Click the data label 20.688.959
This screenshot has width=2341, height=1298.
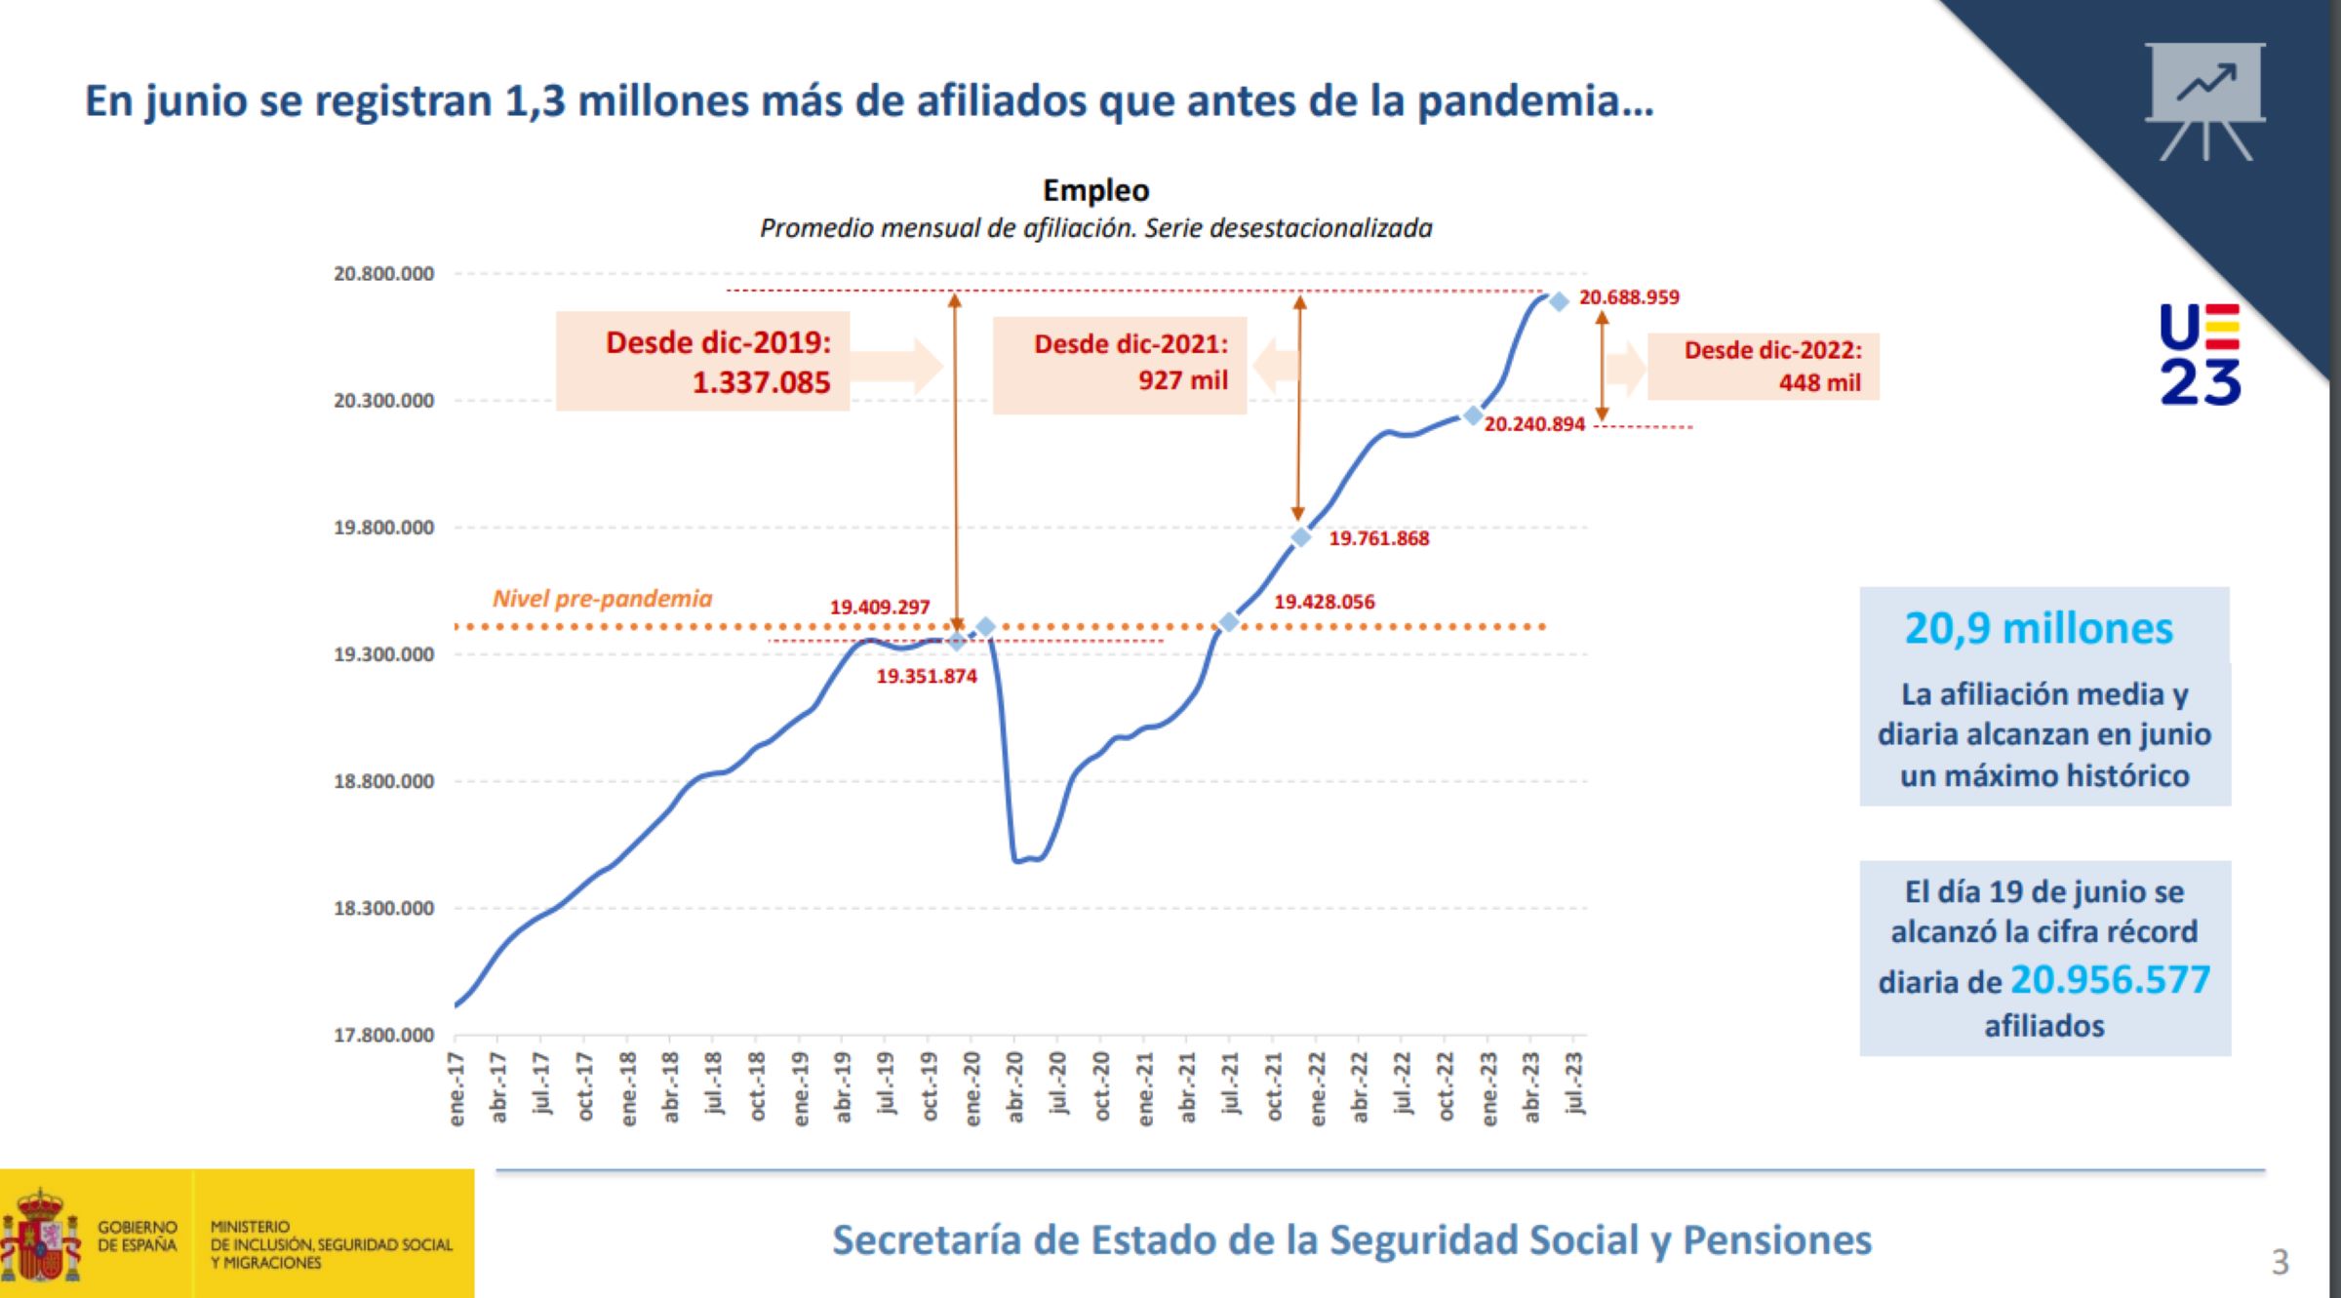click(1629, 297)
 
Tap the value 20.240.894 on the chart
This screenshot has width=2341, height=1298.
click(1534, 424)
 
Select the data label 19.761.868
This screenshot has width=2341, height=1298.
click(1378, 538)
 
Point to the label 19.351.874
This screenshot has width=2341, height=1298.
click(926, 676)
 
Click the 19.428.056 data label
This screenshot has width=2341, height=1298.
click(1324, 602)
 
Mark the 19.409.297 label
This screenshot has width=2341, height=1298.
click(879, 607)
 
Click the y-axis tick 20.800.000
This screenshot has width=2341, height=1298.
click(383, 274)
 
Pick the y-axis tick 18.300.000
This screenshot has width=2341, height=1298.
click(383, 908)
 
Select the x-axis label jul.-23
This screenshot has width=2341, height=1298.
click(1574, 1082)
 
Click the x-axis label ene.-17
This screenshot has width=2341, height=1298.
click(456, 1087)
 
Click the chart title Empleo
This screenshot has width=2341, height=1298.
click(1095, 190)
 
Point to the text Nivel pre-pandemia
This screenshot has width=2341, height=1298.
click(602, 599)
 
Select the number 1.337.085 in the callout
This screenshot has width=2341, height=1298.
click(761, 382)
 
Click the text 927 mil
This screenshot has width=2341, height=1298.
click(1182, 380)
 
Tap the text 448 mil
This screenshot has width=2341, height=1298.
click(1819, 382)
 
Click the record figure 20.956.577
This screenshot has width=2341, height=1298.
click(2110, 980)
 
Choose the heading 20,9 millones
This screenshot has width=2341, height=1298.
click(2039, 629)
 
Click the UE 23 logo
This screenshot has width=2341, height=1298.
click(2200, 353)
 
